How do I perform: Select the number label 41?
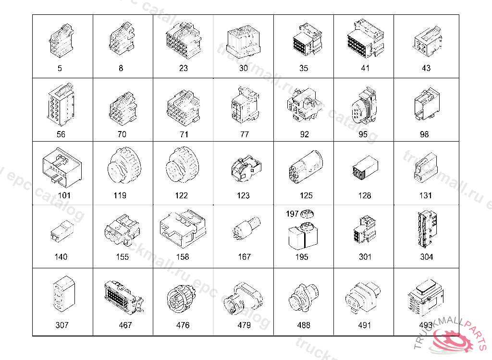[365, 68]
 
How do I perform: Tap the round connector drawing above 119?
[124, 165]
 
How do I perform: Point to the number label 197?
[292, 214]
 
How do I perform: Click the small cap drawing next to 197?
[307, 214]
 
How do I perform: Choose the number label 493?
[426, 325]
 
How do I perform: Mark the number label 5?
[60, 68]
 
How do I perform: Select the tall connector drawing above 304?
[427, 229]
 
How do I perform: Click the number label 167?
[245, 257]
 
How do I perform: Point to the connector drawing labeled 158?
[183, 229]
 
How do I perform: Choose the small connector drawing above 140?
[62, 231]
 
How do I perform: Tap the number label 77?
[245, 134]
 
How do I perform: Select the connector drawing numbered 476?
[181, 299]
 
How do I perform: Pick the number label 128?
[365, 196]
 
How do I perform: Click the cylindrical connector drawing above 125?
[306, 167]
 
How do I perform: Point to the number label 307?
[62, 325]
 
